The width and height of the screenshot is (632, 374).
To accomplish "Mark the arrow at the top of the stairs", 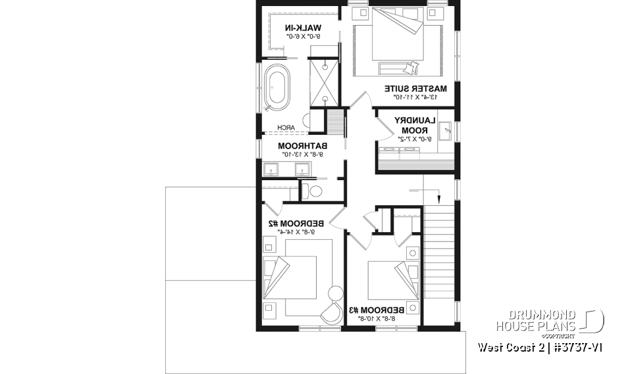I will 435,195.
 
